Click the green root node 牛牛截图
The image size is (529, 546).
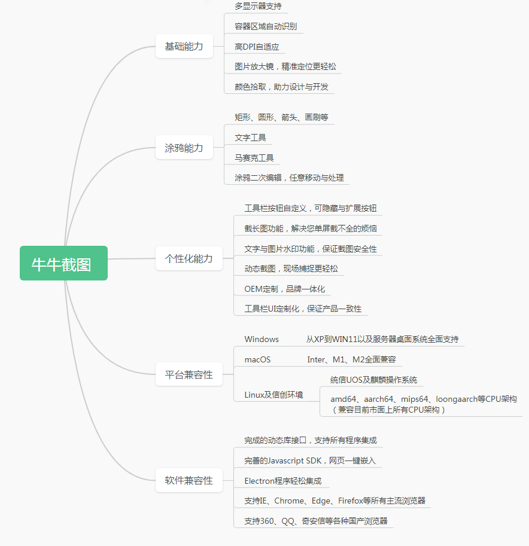(x=63, y=263)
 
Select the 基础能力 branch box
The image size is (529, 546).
(x=184, y=46)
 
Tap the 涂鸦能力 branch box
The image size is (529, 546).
(x=184, y=147)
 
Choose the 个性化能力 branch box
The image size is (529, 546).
(x=189, y=258)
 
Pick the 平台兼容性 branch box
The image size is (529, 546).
(x=189, y=374)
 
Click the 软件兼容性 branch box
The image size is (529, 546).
(x=189, y=480)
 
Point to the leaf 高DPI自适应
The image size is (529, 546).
(x=257, y=47)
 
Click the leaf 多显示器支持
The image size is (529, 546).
(x=259, y=6)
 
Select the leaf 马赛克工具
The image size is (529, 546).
(x=254, y=158)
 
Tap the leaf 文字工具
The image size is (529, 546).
(x=250, y=138)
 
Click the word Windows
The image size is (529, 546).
(x=262, y=339)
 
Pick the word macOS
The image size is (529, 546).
(x=257, y=359)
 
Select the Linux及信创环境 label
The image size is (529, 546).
(x=274, y=395)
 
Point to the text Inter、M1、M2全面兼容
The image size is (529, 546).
(x=352, y=359)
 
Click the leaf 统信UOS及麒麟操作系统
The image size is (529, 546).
(x=373, y=380)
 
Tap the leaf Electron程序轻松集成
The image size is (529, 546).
(x=283, y=481)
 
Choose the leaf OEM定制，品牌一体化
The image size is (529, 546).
(x=285, y=289)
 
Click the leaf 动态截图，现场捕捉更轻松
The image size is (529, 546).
(x=291, y=269)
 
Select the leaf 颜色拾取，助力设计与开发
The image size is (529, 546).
(x=282, y=87)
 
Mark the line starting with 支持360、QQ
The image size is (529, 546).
(x=316, y=521)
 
